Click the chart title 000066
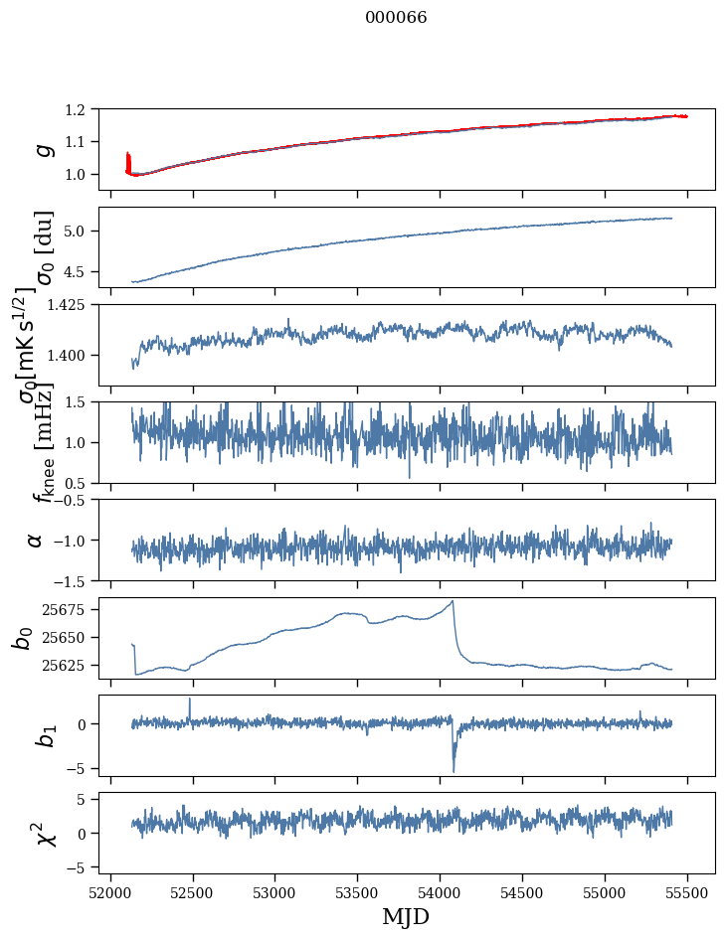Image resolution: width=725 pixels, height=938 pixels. pyautogui.click(x=396, y=18)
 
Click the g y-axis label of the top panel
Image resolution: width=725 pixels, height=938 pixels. pyautogui.click(x=42, y=149)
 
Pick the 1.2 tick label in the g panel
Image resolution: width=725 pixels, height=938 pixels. pyautogui.click(x=85, y=109)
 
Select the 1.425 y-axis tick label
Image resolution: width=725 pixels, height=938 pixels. pyautogui.click(x=76, y=305)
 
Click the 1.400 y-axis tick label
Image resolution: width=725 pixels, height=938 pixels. pyautogui.click(x=76, y=356)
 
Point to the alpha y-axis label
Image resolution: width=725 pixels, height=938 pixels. pyautogui.click(x=36, y=540)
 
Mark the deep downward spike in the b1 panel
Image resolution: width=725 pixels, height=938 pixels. pyautogui.click(x=453, y=770)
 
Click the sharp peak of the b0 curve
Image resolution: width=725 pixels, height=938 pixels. pyautogui.click(x=453, y=601)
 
